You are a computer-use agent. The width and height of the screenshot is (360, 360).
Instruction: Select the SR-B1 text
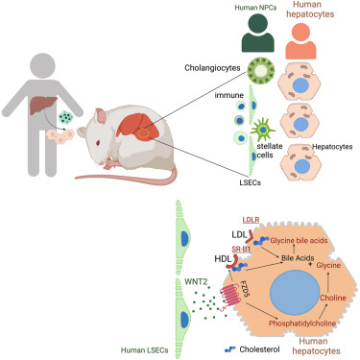point(242,249)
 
